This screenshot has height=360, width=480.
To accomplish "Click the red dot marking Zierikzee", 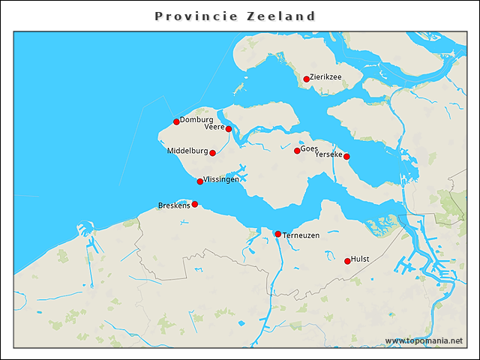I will point(307,79).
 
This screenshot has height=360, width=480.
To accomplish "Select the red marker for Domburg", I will point(176,121).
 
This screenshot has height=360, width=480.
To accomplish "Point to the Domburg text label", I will point(196,119).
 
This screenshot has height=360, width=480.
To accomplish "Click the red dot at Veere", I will point(229,129).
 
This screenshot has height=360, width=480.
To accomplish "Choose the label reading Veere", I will point(214,127).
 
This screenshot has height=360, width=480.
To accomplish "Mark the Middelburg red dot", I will point(212,153).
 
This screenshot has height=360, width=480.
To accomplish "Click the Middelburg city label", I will point(187,151).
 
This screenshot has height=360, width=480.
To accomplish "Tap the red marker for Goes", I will point(297,151).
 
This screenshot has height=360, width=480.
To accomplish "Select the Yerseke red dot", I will point(346,157).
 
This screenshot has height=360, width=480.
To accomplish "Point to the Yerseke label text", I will point(328,154).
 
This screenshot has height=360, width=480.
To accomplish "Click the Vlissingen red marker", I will point(200,181).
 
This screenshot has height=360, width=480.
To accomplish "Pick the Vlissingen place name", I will point(222,179).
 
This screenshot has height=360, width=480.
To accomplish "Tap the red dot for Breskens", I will point(195,204).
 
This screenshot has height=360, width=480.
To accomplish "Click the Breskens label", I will point(174,205).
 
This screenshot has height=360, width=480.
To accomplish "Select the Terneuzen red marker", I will point(278,234).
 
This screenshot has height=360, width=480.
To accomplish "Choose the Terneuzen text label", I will point(301,235).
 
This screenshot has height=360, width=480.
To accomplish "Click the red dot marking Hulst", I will point(347,261).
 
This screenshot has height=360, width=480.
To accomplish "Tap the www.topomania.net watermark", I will point(424,340).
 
